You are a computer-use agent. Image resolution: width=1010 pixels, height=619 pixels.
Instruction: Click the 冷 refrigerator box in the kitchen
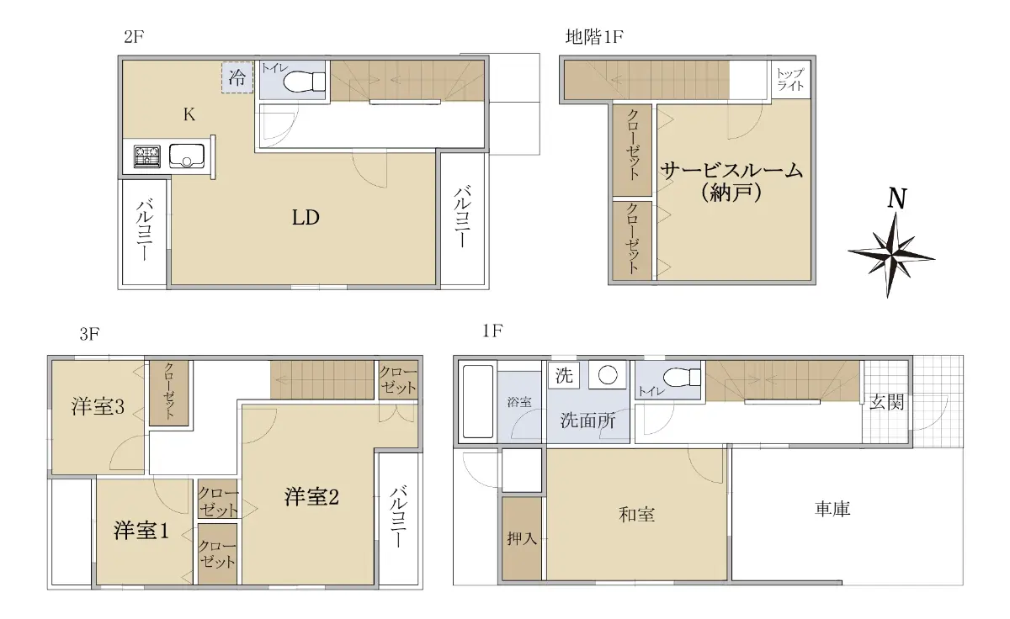click(x=237, y=77)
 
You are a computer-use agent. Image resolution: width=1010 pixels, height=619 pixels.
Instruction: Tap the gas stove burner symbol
click(x=147, y=156)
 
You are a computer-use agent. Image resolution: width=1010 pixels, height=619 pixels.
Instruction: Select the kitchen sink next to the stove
click(x=187, y=156)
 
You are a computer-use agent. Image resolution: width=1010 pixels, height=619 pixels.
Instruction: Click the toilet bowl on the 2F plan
click(x=305, y=82)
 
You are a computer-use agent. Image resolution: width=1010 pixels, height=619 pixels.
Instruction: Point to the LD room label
click(x=306, y=218)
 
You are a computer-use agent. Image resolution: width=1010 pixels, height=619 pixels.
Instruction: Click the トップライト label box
click(x=790, y=79)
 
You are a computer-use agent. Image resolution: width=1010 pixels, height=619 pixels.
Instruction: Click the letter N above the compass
click(x=897, y=198)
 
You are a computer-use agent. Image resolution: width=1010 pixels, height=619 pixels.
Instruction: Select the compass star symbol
click(x=891, y=256)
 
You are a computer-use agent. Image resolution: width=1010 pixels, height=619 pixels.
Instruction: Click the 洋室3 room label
click(x=98, y=406)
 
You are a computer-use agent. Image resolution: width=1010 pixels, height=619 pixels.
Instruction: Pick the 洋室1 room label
click(x=141, y=530)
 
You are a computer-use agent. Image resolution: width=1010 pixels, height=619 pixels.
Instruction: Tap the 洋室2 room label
click(x=311, y=497)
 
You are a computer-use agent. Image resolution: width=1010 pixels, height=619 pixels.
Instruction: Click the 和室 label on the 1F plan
click(x=636, y=514)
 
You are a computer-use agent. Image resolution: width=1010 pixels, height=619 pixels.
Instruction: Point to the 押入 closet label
click(x=522, y=538)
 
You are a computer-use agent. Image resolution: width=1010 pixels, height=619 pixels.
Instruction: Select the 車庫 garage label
click(x=832, y=509)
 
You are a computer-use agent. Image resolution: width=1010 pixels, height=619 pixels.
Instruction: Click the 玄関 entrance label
click(x=886, y=402)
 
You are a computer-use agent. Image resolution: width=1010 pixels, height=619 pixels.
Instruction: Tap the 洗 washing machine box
click(x=564, y=375)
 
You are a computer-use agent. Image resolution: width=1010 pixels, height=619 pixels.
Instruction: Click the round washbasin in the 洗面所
click(x=608, y=375)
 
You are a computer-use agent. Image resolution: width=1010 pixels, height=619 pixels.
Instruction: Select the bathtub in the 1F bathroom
click(x=478, y=401)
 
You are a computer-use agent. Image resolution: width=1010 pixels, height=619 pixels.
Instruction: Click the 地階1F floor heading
click(x=594, y=36)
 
